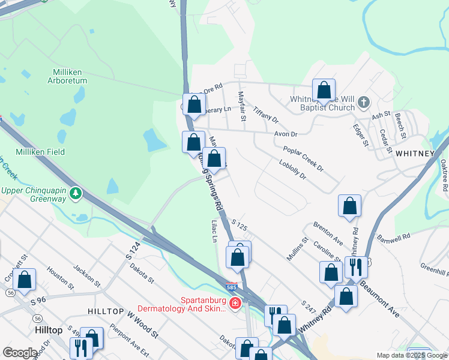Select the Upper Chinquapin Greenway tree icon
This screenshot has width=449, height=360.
coord(76,193)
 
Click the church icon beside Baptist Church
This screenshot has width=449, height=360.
coord(363,103)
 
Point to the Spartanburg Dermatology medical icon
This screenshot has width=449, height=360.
coord(235,304)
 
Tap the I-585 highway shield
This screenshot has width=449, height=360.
coord(232,287)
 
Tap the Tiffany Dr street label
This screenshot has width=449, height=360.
coord(266,113)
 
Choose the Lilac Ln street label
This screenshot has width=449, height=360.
coord(214,231)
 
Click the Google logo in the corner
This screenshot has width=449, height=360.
coord(20,353)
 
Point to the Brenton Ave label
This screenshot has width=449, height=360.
coord(327,233)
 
